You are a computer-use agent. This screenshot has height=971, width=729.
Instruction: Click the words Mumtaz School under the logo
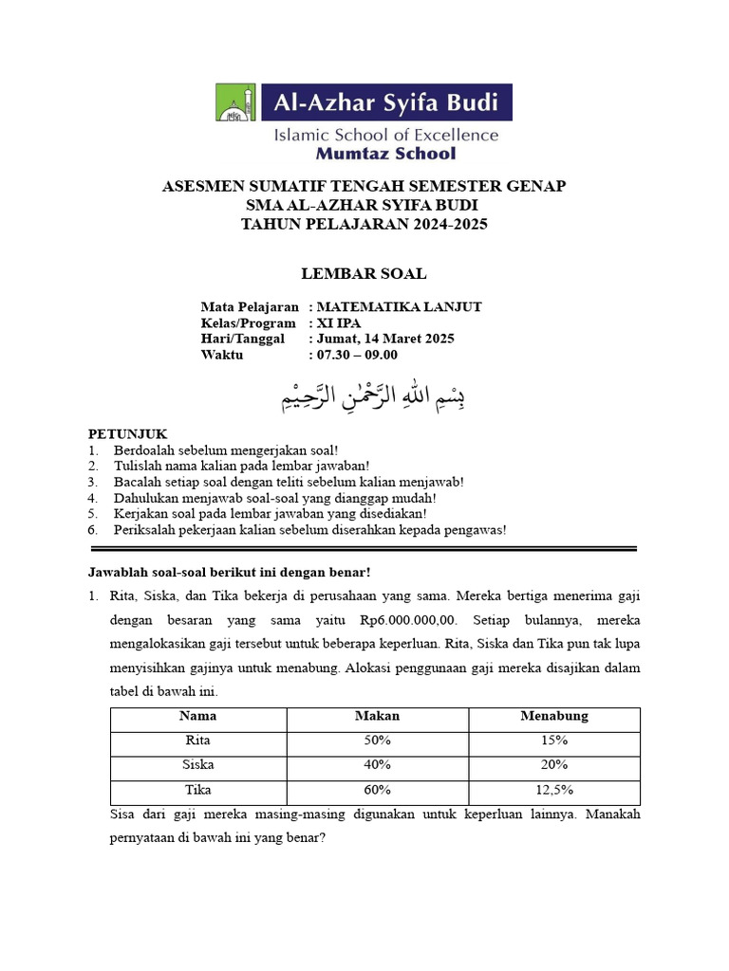384,153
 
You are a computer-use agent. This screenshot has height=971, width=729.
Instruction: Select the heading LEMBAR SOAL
364,274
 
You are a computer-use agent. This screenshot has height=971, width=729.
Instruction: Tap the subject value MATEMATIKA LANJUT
399,306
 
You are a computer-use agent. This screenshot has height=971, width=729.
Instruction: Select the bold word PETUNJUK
127,433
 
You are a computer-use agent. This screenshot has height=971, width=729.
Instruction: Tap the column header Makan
377,716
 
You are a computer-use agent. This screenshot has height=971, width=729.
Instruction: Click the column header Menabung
554,716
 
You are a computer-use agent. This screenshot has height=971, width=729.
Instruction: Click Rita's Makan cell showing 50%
377,741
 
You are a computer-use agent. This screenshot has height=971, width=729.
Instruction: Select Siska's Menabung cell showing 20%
554,765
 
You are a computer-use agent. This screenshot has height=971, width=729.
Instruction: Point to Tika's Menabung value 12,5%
554,790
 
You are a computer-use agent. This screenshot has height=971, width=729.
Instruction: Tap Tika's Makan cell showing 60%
377,790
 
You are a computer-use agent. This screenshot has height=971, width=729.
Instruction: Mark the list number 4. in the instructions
93,498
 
